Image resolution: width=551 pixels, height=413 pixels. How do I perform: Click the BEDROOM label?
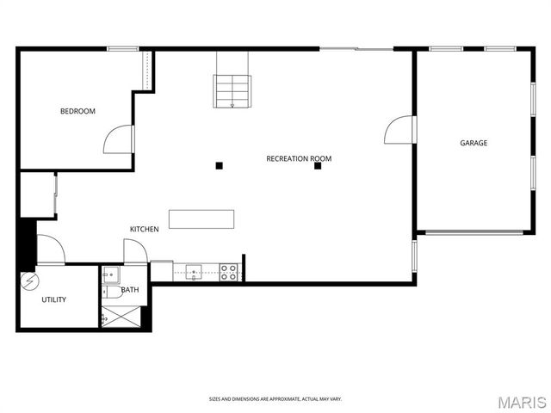[77, 111]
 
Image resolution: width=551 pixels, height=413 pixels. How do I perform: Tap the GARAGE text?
[473, 143]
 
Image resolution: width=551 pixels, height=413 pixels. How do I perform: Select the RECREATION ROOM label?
[299, 158]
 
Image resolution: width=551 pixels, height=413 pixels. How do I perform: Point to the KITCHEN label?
[144, 229]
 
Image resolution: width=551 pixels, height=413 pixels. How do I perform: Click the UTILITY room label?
[54, 299]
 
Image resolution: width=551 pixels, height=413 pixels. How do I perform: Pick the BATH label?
[130, 290]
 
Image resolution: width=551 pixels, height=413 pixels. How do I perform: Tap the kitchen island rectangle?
[201, 219]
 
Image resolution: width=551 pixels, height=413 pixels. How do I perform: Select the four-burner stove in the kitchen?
[229, 273]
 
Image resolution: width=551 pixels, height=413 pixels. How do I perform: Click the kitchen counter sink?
[195, 273]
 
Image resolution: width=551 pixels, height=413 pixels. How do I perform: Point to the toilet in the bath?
[112, 291]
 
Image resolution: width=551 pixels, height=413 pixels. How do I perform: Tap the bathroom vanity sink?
[109, 275]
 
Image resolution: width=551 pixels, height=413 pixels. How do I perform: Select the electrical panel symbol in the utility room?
[28, 280]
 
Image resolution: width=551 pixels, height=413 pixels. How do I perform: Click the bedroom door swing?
[120, 139]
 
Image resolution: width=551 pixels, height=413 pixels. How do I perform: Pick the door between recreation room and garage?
[400, 130]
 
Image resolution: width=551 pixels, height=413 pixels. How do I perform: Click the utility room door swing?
[50, 250]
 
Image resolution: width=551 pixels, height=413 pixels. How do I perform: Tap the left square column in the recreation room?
[220, 165]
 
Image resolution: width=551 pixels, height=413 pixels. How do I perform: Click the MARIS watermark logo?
[522, 402]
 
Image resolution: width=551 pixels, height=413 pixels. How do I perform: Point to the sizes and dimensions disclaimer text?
[275, 399]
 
